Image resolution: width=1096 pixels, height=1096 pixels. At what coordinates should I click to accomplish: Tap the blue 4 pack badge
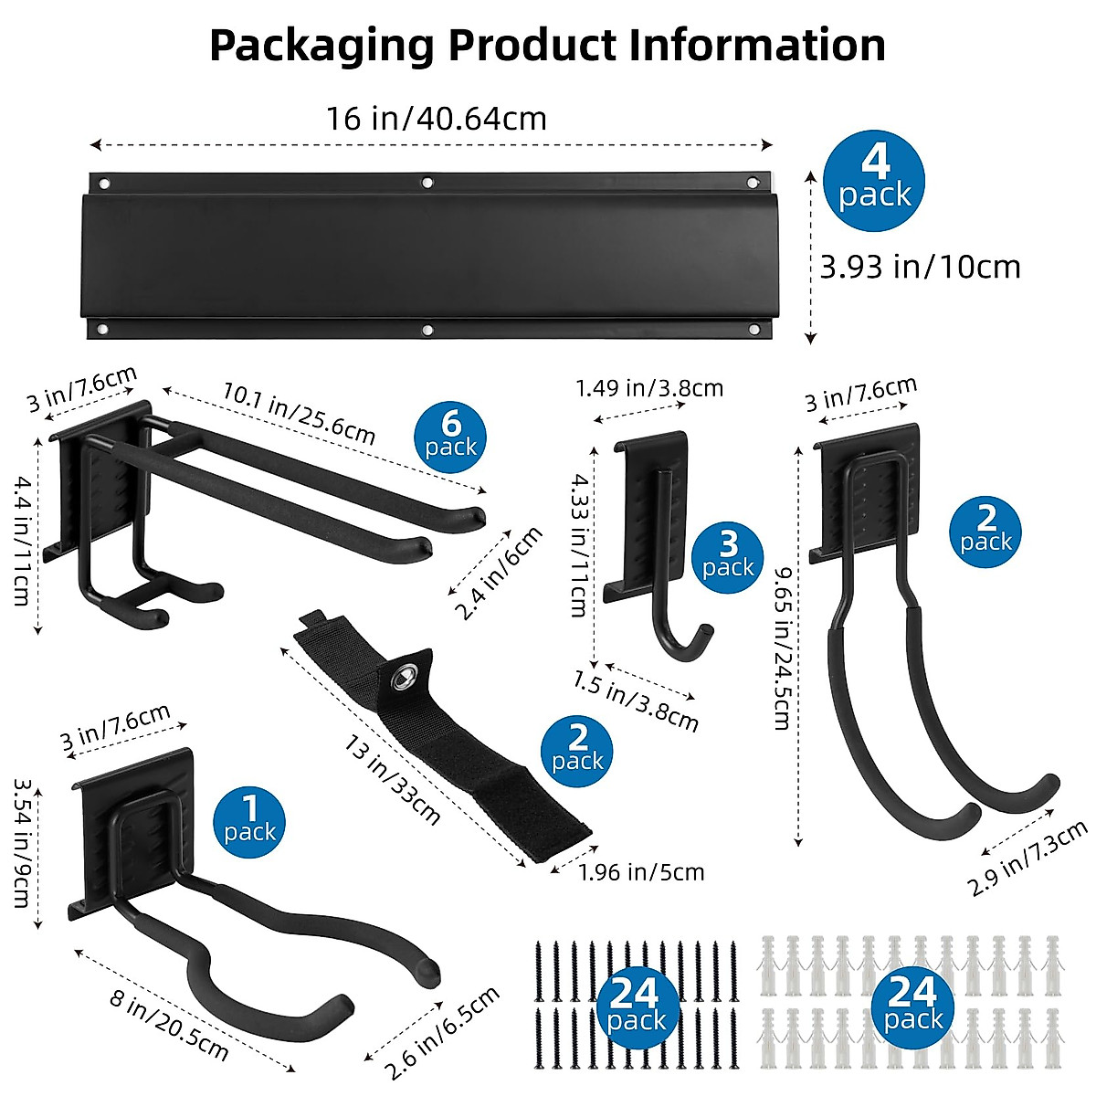pyautogui.click(x=874, y=180)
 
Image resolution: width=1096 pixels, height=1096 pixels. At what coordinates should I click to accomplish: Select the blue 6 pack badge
pyautogui.click(x=450, y=436)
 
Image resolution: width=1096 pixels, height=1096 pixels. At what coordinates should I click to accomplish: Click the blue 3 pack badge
pyautogui.click(x=728, y=556)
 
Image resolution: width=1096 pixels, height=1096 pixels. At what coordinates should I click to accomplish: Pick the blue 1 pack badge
pyautogui.click(x=249, y=820)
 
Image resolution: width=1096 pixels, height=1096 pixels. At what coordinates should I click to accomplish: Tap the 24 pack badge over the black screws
pyautogui.click(x=636, y=1005)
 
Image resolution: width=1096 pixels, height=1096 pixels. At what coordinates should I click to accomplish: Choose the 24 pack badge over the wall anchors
pyautogui.click(x=912, y=1005)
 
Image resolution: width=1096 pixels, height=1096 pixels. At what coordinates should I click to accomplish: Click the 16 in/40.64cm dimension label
pyautogui.click(x=437, y=119)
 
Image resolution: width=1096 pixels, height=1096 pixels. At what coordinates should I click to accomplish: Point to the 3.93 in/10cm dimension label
pyautogui.click(x=920, y=267)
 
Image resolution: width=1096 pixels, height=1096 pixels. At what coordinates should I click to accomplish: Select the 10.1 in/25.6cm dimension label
pyautogui.click(x=299, y=413)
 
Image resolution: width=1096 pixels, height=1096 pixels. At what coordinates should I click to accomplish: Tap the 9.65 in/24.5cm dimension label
pyautogui.click(x=781, y=648)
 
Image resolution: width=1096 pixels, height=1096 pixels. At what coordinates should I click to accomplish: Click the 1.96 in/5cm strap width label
pyautogui.click(x=641, y=872)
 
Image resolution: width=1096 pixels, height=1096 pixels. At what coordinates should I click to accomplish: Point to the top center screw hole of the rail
pyautogui.click(x=427, y=184)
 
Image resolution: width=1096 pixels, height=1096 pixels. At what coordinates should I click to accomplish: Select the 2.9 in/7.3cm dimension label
pyautogui.click(x=1027, y=859)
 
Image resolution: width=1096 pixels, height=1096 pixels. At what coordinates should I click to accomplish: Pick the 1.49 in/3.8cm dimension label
pyautogui.click(x=649, y=388)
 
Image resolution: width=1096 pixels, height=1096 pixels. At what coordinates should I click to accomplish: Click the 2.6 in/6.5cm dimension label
pyautogui.click(x=443, y=1032)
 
